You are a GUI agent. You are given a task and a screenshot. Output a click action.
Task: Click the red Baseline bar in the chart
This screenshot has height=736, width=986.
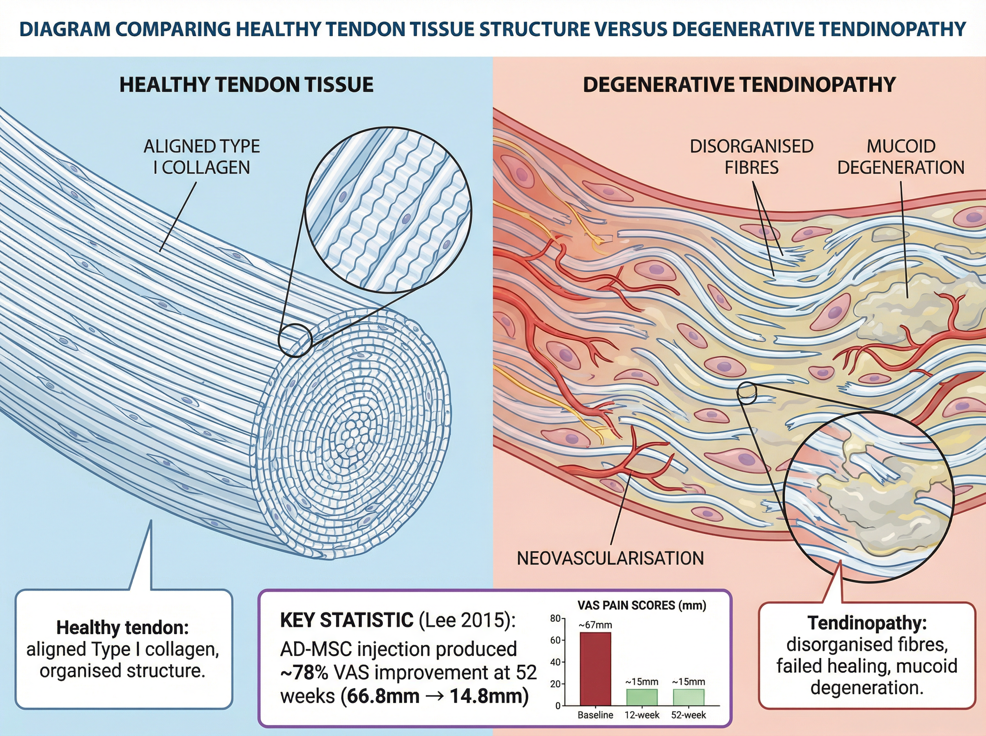tap(595, 669)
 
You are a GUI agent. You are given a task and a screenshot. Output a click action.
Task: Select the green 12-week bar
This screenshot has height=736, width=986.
tap(642, 697)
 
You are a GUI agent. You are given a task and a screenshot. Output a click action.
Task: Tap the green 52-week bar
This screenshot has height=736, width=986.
tap(689, 697)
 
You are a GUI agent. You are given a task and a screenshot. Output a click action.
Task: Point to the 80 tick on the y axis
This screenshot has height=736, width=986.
tap(555, 619)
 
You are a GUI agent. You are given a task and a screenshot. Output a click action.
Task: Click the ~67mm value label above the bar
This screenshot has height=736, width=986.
tap(595, 625)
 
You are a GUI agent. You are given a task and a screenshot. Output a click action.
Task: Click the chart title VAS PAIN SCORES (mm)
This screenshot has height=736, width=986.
tap(642, 605)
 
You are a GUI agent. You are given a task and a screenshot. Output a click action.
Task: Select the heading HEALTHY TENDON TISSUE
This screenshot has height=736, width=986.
tap(246, 85)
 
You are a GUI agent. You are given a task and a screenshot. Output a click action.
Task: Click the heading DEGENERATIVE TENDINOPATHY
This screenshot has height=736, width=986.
tap(739, 85)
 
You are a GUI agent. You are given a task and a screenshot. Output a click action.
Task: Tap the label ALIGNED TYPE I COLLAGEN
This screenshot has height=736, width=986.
tap(202, 157)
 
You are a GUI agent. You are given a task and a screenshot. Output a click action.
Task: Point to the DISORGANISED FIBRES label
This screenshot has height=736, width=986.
tap(752, 157)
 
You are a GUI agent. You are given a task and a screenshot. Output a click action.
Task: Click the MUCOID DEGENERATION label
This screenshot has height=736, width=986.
tap(901, 157)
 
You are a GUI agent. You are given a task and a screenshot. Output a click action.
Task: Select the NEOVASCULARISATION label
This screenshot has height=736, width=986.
tap(610, 558)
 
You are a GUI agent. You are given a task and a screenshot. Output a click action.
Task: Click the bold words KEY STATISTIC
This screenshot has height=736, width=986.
tap(347, 620)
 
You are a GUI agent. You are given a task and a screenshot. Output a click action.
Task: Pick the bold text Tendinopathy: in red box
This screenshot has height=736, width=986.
tap(867, 623)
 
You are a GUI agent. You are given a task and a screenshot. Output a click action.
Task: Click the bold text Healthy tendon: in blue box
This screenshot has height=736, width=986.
tap(122, 628)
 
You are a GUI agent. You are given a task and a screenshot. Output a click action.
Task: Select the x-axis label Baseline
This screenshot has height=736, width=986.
tap(595, 715)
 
